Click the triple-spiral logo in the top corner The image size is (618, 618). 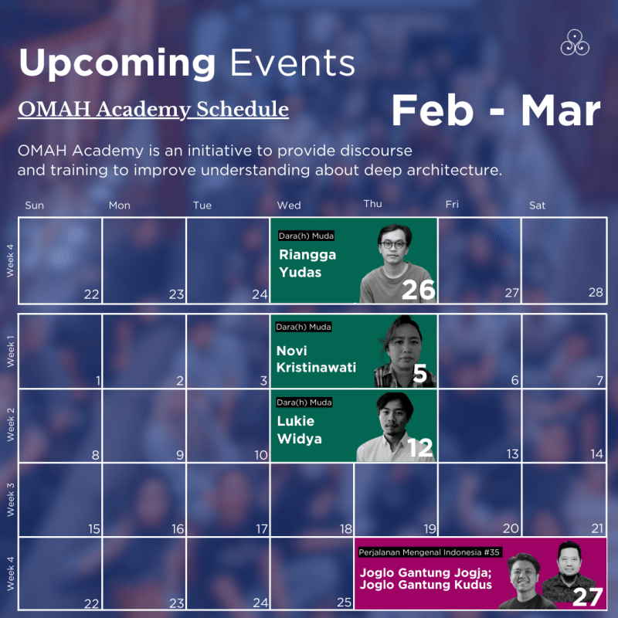[575, 43]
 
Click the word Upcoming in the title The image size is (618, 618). [117, 63]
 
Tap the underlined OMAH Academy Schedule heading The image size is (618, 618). [153, 109]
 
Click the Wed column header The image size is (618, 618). [289, 205]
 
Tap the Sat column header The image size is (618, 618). [537, 205]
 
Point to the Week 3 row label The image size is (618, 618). [11, 499]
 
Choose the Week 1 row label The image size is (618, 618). [11, 351]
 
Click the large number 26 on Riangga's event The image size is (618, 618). [418, 290]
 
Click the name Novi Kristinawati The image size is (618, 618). [316, 359]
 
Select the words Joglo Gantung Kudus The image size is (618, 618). [426, 585]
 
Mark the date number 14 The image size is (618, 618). [596, 454]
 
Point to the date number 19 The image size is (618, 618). [429, 528]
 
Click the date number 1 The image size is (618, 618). [98, 381]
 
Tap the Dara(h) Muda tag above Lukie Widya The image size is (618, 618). [304, 402]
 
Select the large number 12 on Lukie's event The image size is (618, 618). [420, 448]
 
